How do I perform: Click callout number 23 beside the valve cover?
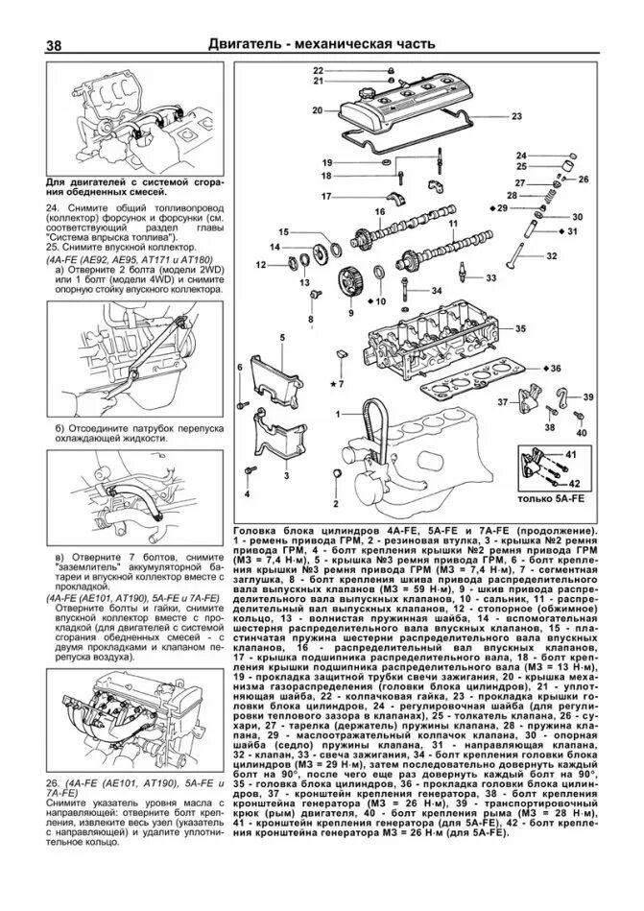516,116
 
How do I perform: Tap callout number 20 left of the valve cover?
318,110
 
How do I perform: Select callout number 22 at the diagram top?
318,70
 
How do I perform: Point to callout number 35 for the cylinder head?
520,329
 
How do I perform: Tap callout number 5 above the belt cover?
283,338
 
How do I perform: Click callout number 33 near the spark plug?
491,277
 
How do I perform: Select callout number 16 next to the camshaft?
379,211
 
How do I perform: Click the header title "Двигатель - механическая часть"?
323,45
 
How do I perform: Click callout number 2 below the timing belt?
336,503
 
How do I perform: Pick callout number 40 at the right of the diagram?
582,433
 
